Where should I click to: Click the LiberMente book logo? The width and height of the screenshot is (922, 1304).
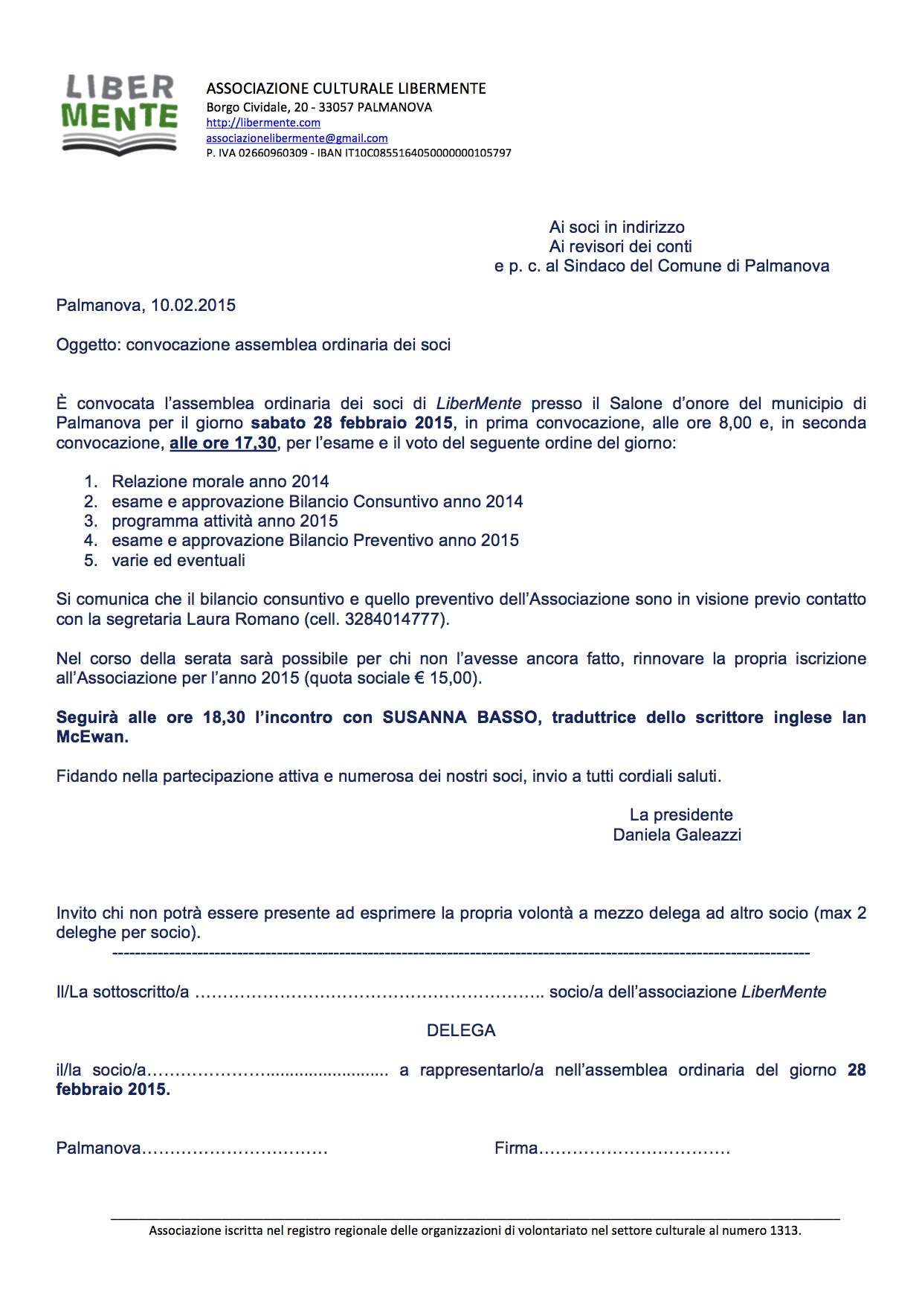coord(119,115)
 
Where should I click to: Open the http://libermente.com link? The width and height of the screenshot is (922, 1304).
coord(263,123)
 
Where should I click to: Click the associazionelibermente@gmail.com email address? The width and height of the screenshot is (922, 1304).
coord(297,138)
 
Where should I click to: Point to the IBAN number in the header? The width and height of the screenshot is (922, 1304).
coord(428,153)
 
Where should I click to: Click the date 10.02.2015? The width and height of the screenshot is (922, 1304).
coord(193,305)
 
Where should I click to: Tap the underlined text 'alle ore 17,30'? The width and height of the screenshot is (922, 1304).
coord(223,443)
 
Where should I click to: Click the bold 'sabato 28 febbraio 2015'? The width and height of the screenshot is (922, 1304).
coord(352,423)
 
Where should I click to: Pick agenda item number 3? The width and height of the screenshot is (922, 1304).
coord(225,521)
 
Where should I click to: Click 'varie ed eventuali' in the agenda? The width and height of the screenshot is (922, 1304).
coord(178,560)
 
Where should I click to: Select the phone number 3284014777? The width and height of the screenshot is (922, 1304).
coord(394,619)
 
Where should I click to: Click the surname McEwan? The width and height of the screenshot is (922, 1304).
coord(91,737)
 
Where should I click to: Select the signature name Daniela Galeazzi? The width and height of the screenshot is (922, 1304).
coord(677,835)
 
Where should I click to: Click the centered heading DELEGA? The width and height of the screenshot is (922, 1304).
coord(461,1030)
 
